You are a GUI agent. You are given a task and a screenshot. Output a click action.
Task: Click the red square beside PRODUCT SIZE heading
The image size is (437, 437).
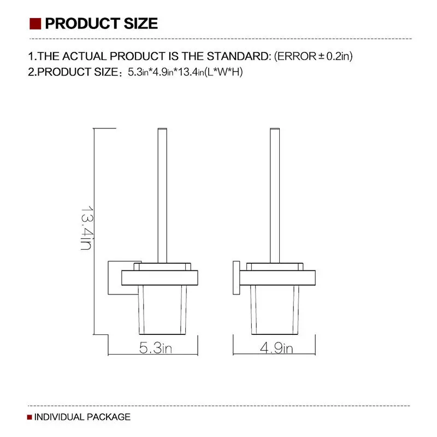[x=36, y=23]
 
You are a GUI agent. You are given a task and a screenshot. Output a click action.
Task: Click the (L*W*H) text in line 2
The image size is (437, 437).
[x=224, y=72]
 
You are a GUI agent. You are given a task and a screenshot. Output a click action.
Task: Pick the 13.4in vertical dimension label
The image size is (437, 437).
[x=86, y=227]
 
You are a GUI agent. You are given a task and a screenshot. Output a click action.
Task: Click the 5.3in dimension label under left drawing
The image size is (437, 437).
[x=155, y=348]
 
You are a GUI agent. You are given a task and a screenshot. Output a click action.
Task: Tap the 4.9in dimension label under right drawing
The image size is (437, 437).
[x=276, y=348]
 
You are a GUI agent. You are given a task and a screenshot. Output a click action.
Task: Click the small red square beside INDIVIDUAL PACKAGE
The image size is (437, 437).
[x=29, y=417]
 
